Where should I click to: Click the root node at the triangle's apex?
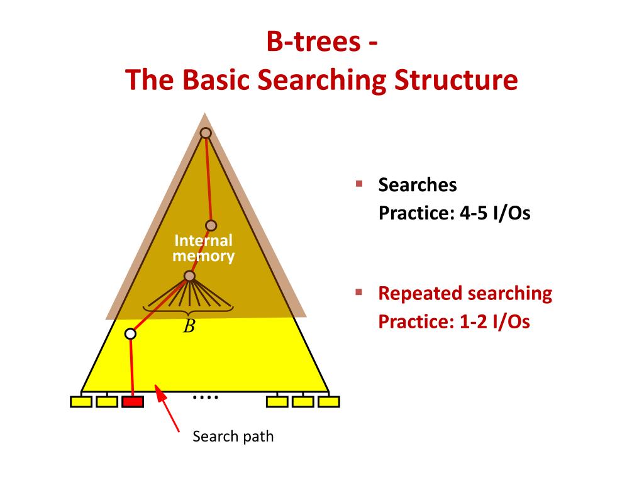click(x=205, y=133)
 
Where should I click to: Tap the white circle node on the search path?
click(x=130, y=334)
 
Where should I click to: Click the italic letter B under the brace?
click(x=189, y=326)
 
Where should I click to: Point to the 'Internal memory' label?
click(x=203, y=248)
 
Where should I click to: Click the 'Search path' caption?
click(x=233, y=436)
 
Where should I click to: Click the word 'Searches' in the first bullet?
click(x=418, y=185)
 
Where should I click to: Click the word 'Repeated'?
click(x=420, y=294)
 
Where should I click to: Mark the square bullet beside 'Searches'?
click(x=359, y=184)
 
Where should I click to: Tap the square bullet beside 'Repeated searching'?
click(x=359, y=292)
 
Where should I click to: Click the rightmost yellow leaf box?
click(x=328, y=401)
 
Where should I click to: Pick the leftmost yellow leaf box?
click(x=81, y=401)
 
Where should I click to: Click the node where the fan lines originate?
click(x=190, y=276)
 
